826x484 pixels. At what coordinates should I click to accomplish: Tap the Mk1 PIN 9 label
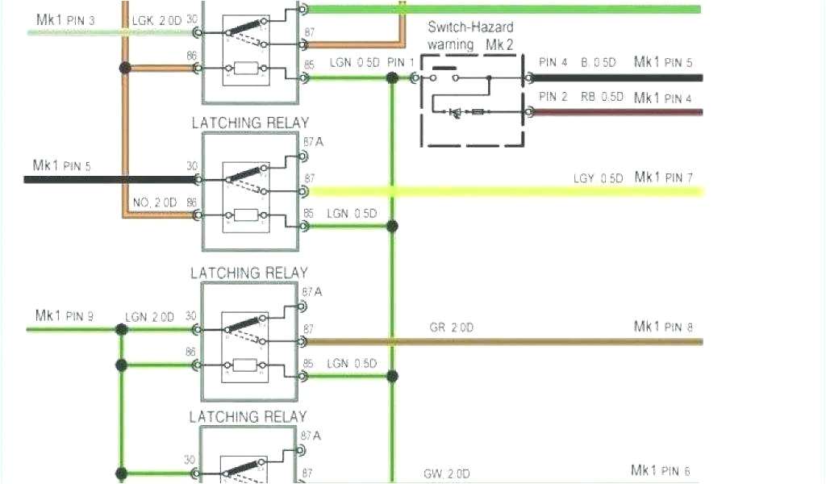click(x=64, y=315)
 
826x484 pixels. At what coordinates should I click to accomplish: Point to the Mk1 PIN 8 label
click(x=663, y=327)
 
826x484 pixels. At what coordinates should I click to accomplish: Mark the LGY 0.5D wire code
click(x=598, y=178)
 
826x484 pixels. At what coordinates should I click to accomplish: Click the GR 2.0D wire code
click(x=451, y=328)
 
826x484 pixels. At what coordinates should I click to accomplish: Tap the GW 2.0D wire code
click(x=448, y=474)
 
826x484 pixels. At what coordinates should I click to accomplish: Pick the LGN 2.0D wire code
click(x=149, y=317)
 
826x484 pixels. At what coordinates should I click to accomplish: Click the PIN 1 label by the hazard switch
click(x=401, y=63)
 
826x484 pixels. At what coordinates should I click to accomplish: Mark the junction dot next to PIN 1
click(x=392, y=78)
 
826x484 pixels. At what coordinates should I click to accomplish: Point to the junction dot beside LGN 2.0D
click(x=121, y=330)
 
